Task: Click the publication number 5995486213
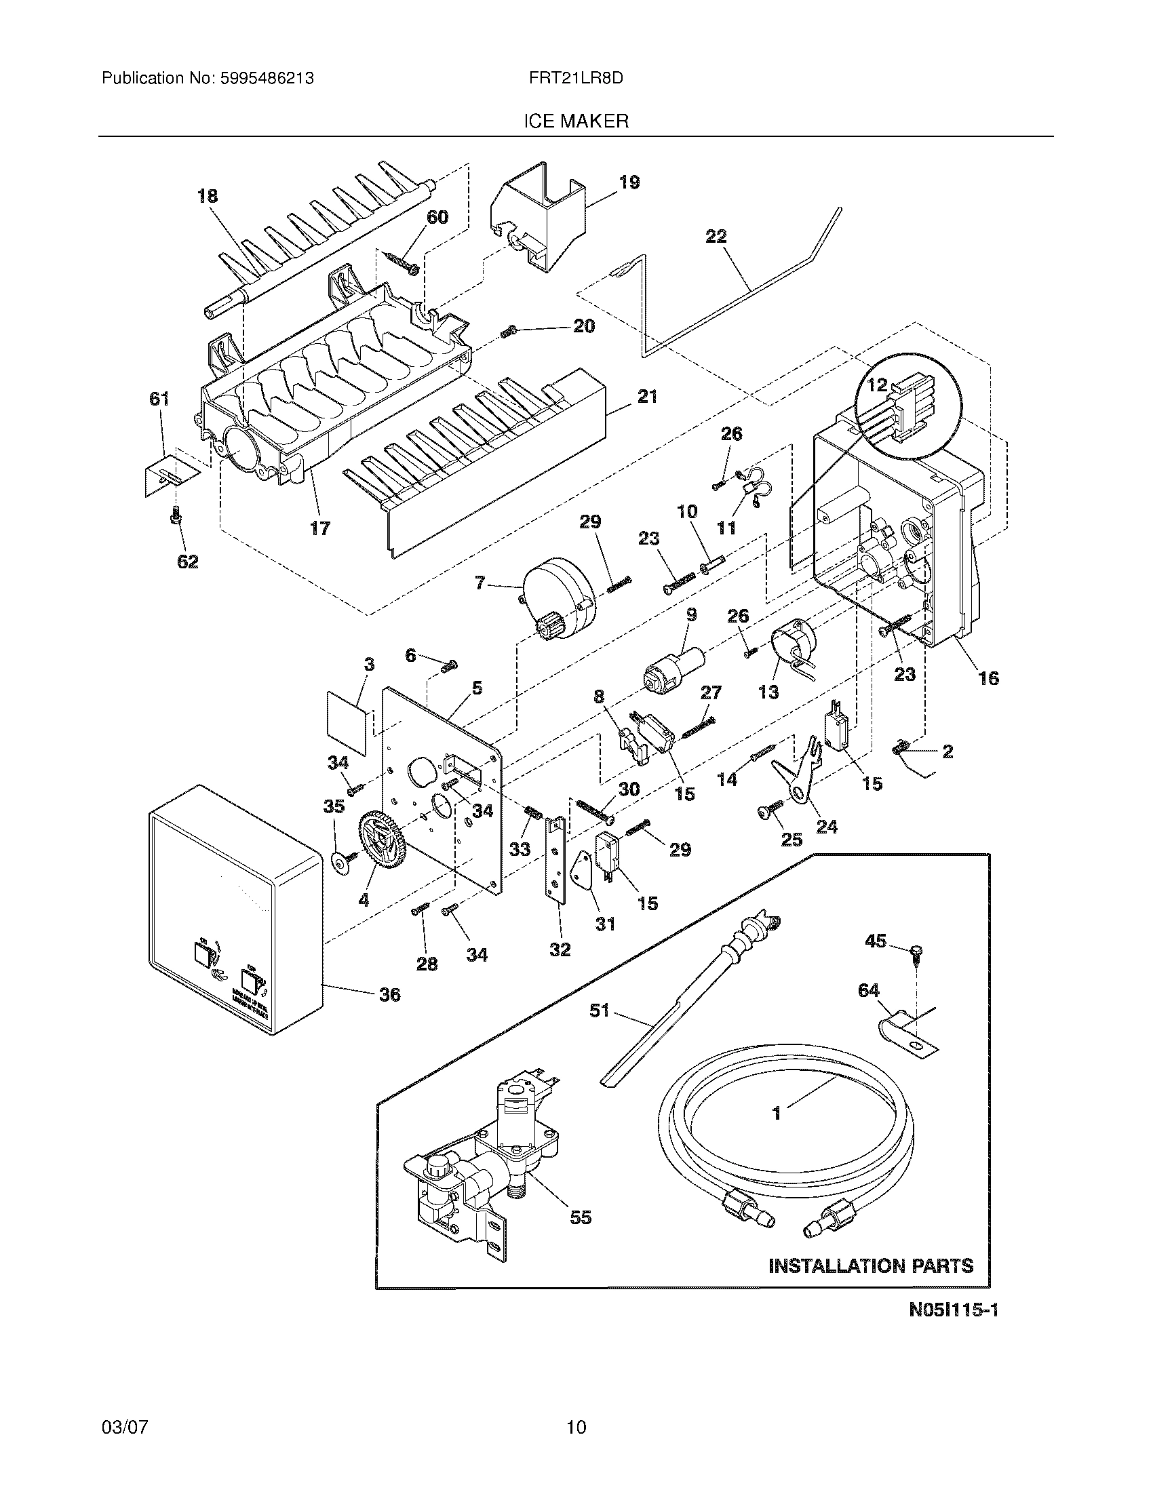tap(267, 79)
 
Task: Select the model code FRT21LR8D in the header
tap(575, 79)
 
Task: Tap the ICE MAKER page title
tap(575, 121)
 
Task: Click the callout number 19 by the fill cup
tap(629, 182)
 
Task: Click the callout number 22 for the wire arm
tap(716, 237)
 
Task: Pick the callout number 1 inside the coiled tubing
tap(776, 1114)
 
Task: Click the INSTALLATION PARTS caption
tap(871, 1266)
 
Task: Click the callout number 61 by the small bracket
tap(159, 399)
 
